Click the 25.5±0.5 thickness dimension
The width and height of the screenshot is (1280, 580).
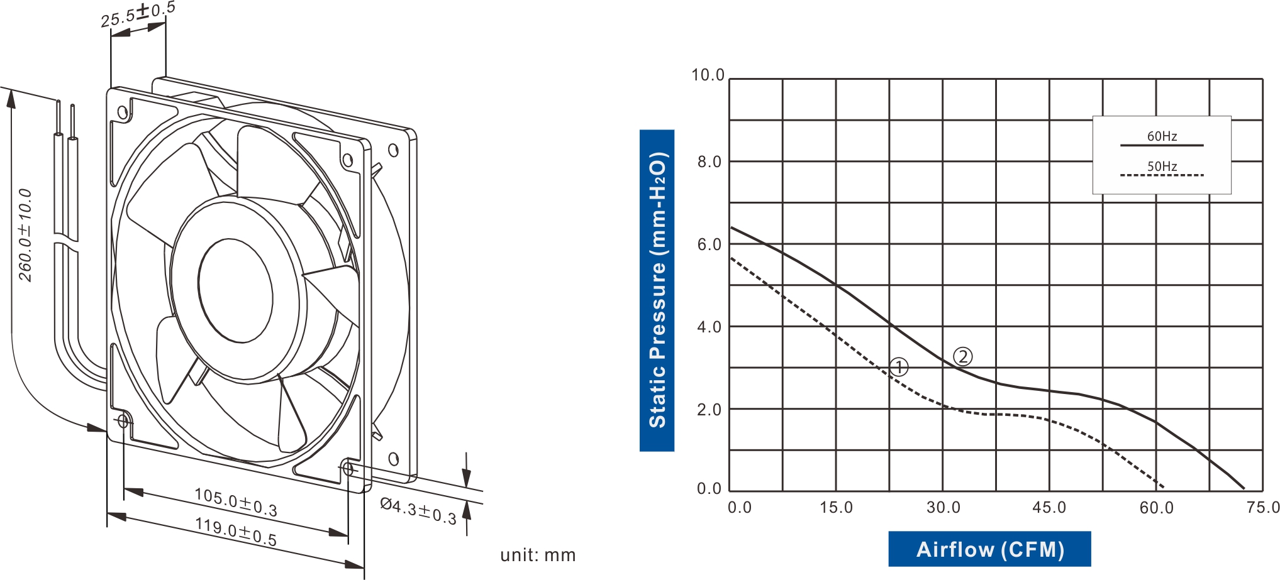(138, 15)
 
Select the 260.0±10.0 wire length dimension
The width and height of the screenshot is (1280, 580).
(25, 235)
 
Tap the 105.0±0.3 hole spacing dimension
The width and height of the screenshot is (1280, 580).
(236, 502)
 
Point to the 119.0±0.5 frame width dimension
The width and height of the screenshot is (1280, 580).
(236, 532)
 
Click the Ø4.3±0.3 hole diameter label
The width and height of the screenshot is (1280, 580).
(418, 510)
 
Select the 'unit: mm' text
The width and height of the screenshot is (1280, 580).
(538, 555)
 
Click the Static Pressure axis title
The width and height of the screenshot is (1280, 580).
(657, 290)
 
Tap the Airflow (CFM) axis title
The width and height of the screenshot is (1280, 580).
(989, 549)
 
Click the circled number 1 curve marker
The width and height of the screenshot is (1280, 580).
(899, 367)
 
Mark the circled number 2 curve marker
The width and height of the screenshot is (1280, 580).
(962, 357)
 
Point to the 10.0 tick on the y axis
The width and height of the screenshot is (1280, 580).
(708, 75)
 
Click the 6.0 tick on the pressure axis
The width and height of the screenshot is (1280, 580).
(709, 244)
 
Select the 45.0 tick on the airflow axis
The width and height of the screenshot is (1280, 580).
(1049, 508)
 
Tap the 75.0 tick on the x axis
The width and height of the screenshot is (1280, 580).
(1263, 508)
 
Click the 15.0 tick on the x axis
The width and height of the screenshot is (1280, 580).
(836, 508)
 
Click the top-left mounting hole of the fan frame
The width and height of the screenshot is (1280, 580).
(123, 113)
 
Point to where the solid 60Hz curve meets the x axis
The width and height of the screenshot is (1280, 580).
(1244, 489)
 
